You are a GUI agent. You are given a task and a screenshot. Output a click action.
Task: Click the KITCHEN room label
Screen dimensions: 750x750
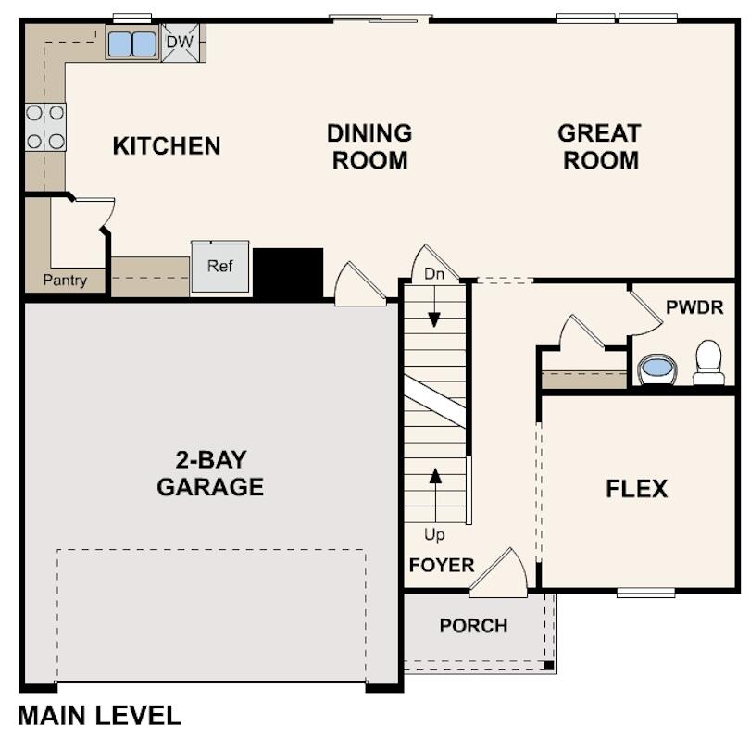[167, 146]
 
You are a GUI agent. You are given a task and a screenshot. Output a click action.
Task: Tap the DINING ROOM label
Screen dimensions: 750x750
[369, 146]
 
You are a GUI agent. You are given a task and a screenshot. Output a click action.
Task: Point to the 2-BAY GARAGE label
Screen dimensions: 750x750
[210, 472]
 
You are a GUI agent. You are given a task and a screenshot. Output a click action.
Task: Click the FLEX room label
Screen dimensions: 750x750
[637, 489]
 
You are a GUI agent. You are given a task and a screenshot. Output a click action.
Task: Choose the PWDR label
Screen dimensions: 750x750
[694, 307]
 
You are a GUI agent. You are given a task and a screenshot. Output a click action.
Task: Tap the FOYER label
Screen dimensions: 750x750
[441, 565]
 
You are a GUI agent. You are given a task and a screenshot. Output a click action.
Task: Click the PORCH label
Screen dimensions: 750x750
[473, 626]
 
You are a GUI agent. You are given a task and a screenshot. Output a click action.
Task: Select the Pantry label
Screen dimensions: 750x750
[65, 280]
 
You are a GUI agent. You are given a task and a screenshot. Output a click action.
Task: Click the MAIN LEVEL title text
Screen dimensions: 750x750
[99, 715]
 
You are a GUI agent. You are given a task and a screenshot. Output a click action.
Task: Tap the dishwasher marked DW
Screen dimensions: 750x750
[181, 43]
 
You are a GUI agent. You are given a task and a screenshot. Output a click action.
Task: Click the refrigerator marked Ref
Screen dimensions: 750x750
[220, 267]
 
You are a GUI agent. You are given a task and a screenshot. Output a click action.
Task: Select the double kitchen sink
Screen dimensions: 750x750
[131, 44]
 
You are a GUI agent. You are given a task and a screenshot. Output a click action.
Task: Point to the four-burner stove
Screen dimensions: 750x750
[45, 127]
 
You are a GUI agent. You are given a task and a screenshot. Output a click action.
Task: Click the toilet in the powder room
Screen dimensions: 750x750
[708, 361]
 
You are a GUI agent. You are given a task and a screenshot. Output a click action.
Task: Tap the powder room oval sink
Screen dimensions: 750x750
[657, 368]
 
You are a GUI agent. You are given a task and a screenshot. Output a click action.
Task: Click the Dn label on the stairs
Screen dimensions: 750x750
[434, 274]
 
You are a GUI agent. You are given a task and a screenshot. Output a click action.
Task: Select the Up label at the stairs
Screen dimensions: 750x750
[434, 535]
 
